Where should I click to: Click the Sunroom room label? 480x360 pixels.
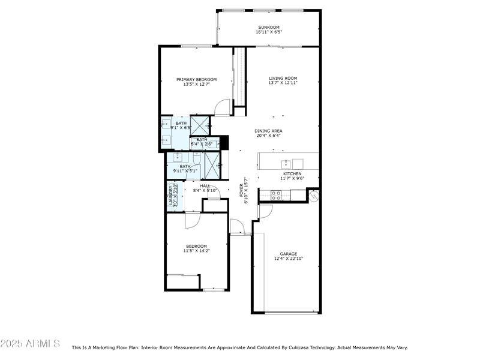[x=268, y=28]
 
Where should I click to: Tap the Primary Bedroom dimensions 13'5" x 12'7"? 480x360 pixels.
[x=196, y=85]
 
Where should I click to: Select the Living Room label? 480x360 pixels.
[x=283, y=78]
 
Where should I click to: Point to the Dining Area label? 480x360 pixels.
[x=268, y=131]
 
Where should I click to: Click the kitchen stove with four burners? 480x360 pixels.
[x=277, y=194]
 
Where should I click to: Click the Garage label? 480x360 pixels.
[x=289, y=254]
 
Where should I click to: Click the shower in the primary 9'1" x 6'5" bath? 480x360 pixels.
[x=199, y=125]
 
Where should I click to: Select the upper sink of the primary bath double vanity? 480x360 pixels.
[x=166, y=125]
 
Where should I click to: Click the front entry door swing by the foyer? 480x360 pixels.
[x=237, y=227]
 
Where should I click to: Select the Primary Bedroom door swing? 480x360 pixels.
[x=223, y=108]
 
